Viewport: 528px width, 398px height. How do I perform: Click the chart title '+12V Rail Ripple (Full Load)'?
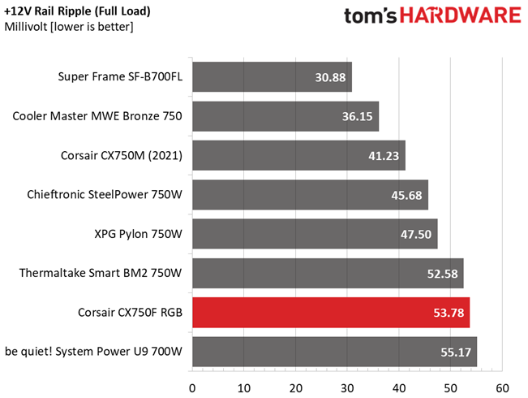[77, 12]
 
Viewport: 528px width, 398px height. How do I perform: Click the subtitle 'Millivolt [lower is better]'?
[69, 27]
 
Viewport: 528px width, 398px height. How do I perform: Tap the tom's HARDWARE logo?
[432, 16]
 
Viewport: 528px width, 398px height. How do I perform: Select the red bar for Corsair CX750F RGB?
[331, 313]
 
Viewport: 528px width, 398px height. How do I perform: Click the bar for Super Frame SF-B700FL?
[272, 77]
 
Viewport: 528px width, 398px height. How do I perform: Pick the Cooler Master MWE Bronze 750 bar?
[285, 116]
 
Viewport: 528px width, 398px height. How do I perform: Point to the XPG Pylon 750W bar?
[315, 234]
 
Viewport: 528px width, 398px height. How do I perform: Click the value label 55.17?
[456, 353]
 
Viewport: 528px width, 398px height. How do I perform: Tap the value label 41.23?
[384, 156]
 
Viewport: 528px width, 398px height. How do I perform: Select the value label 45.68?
[406, 195]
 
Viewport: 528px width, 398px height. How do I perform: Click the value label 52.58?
[443, 274]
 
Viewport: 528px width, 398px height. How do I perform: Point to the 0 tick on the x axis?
[192, 388]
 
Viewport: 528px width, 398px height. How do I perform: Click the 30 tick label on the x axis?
[347, 388]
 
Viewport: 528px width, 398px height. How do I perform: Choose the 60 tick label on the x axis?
[502, 388]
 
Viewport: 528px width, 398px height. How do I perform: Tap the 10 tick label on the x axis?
[244, 388]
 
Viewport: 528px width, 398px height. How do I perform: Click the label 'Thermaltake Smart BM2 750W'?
[101, 273]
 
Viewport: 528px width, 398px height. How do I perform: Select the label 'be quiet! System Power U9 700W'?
[93, 352]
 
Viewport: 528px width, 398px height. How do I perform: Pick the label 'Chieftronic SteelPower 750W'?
[105, 195]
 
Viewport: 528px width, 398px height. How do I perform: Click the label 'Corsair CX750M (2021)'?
[122, 155]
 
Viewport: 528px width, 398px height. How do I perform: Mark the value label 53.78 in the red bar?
[449, 313]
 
